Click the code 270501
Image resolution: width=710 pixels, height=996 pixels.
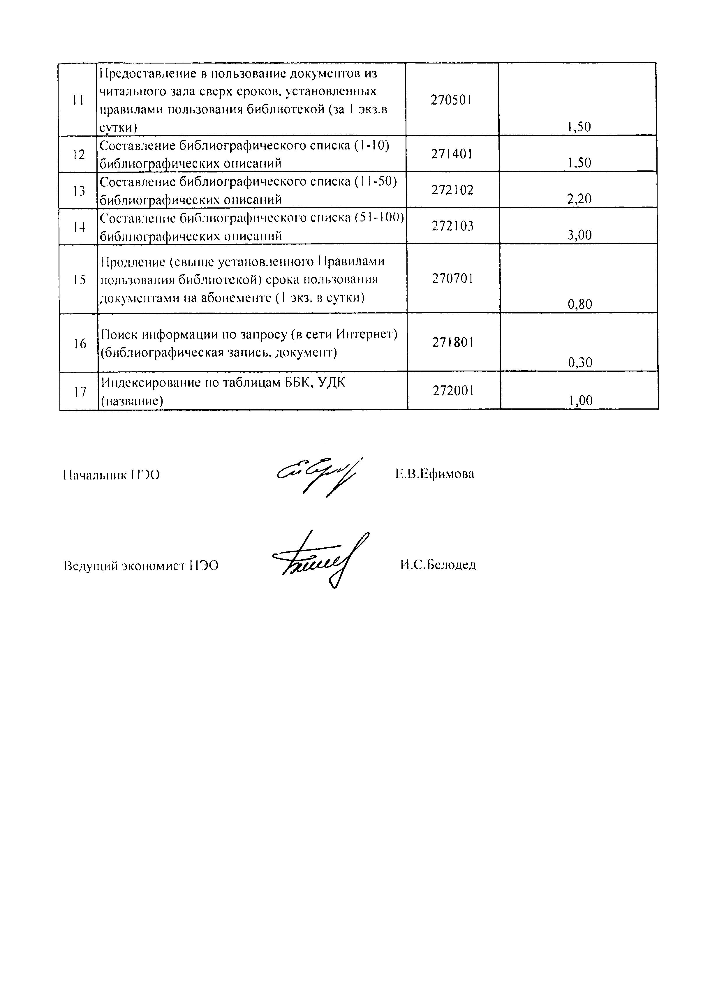452,100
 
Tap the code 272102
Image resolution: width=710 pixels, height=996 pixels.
452,190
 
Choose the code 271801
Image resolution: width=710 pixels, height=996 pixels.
453,343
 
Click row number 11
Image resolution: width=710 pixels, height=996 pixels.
78,101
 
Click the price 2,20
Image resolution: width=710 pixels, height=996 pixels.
579,199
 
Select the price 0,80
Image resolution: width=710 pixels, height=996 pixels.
580,304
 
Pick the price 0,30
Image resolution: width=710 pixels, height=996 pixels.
580,363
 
